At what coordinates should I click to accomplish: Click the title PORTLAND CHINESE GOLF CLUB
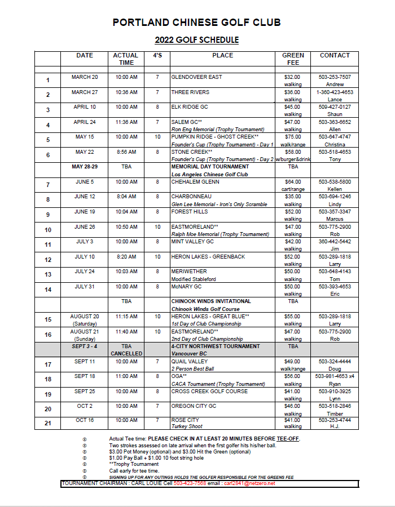pos(197,23)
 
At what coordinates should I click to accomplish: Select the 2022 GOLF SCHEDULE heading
pos(197,40)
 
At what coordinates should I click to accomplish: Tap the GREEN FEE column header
pos(293,59)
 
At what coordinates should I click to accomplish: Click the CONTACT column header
pos(335,56)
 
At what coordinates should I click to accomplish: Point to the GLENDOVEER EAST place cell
pos(197,77)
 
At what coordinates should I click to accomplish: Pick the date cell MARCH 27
pos(85,92)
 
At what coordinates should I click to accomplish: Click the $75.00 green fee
pos(293,137)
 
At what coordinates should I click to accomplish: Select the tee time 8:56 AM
pos(126,152)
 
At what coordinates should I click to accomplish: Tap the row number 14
pos(48,290)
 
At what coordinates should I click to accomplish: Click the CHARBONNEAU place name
pos(191,197)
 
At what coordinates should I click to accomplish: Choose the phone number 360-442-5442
pos(335,242)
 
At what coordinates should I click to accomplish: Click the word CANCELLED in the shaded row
pos(126,354)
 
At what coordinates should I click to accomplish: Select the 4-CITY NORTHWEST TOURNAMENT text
pos(216,346)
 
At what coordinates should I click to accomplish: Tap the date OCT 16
pos(85,420)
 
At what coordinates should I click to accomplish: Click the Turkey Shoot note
pos(187,427)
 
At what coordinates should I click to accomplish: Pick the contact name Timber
pos(335,413)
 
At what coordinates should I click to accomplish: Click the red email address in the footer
pos(249,483)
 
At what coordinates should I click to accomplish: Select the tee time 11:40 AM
pos(126,332)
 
